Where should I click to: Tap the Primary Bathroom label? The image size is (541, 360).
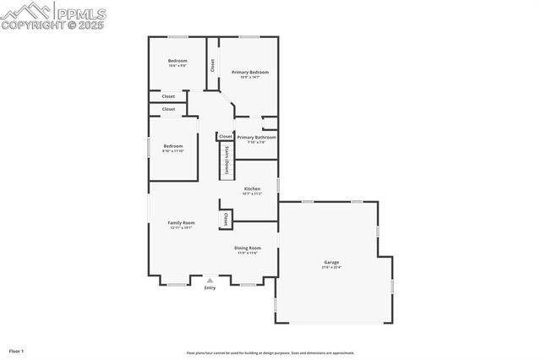(256, 137)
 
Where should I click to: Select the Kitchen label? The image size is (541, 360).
(252, 188)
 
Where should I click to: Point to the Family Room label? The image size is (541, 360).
(181, 222)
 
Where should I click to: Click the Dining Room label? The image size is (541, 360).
(247, 248)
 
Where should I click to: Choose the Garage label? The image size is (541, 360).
(331, 262)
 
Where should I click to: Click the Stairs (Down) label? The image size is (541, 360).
(227, 159)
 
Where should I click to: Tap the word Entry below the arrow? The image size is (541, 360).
(210, 287)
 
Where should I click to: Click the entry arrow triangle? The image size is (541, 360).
(210, 280)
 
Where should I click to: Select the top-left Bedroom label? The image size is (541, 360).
(178, 61)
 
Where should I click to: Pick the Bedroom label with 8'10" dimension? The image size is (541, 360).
(172, 147)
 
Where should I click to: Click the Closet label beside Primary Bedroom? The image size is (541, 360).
(212, 65)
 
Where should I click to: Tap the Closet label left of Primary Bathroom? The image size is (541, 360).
(225, 136)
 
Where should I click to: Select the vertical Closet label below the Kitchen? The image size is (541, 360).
(225, 219)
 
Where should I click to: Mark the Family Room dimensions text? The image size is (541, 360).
(181, 227)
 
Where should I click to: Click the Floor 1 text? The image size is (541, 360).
(16, 350)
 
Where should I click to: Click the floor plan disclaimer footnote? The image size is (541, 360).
(270, 353)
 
